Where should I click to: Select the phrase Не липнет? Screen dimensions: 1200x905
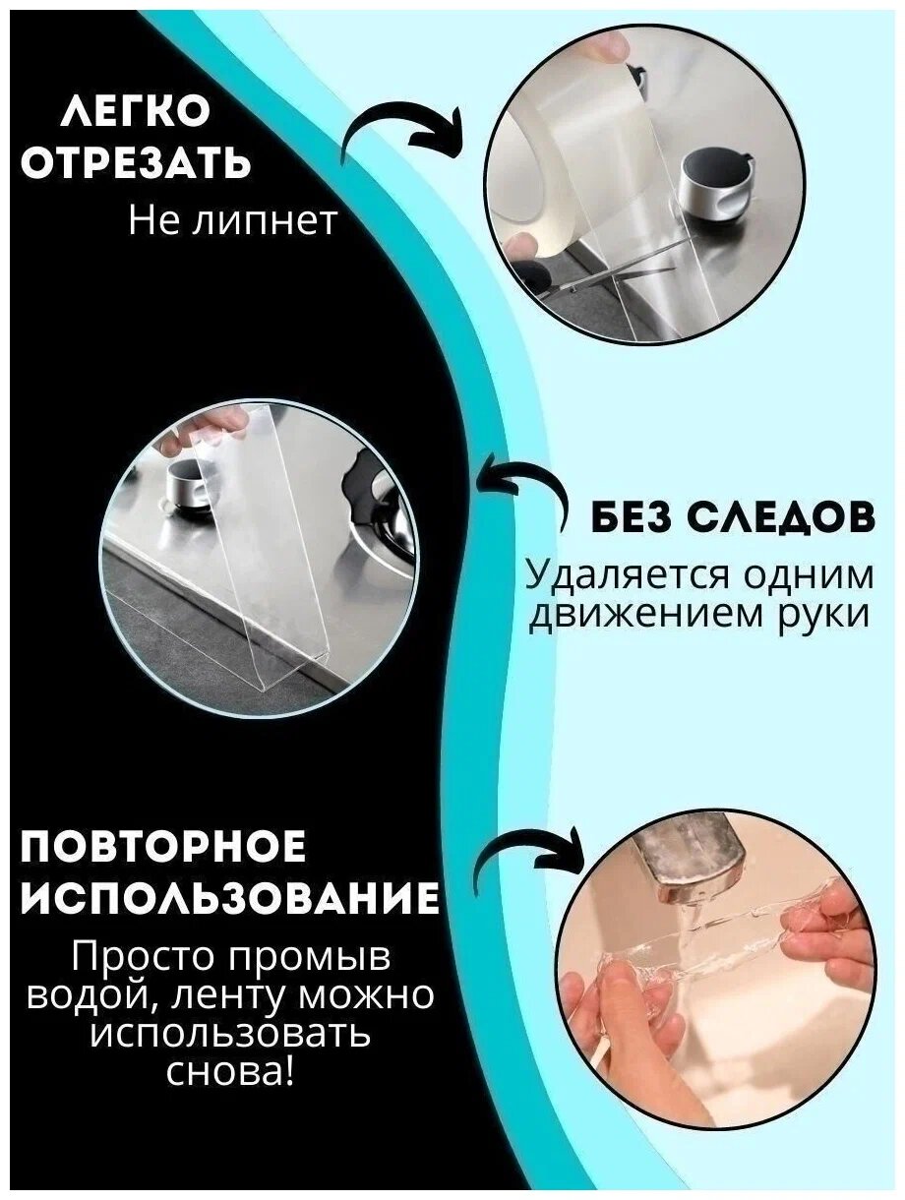pyautogui.click(x=232, y=220)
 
